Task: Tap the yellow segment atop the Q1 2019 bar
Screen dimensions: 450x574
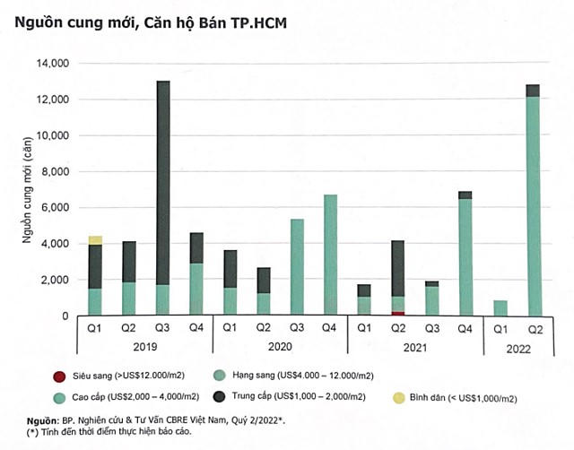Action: (x=95, y=240)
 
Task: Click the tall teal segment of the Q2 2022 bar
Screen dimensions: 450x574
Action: (x=533, y=206)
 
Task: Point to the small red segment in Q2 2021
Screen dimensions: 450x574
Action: (x=397, y=313)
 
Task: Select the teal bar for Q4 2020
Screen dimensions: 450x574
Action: (x=330, y=255)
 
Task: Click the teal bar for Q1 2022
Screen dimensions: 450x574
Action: (x=499, y=307)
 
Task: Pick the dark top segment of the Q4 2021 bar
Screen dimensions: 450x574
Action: (x=465, y=195)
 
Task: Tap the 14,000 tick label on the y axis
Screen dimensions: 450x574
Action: (x=53, y=64)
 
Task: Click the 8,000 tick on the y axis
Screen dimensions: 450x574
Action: (x=56, y=171)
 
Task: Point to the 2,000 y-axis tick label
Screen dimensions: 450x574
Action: (x=56, y=280)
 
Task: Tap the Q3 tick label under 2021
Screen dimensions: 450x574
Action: (x=431, y=327)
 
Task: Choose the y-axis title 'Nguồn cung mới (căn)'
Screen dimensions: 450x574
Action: (x=28, y=189)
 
